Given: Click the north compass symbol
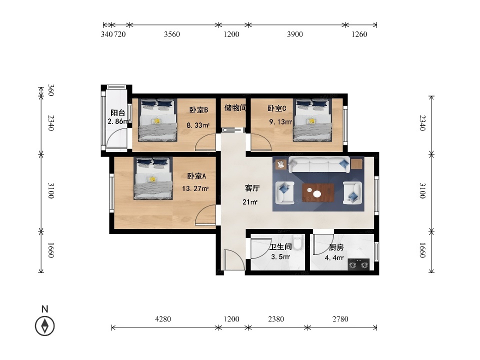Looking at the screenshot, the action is coord(45,325).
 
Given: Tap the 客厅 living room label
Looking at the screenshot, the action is coord(252,188).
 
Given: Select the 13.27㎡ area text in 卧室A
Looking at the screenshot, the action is coord(195,188).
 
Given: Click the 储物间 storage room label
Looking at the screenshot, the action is coord(235,108).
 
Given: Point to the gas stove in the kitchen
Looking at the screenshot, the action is coord(358,264).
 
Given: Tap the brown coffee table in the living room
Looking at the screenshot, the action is coord(318,193).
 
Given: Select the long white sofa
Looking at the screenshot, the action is coord(319,164).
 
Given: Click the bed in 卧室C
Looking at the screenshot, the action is coord(312,120).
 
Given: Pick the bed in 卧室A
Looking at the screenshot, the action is coord(153,178).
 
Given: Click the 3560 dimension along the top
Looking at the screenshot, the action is coord(171,34).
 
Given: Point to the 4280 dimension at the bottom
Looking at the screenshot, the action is coord(163,319).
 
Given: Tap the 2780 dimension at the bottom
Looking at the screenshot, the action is coord(340,319).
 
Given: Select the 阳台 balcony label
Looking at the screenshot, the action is coord(118,113).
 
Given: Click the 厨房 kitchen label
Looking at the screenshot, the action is coord(336,247).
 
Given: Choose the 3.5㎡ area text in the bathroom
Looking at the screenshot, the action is coord(280,256).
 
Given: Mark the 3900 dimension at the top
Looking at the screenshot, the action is coord(295,34).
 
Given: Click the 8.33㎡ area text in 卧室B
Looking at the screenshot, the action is coord(198,125).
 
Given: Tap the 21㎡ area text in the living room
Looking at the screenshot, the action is coord(250,202).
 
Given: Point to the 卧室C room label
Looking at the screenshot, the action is coord(276,108).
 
